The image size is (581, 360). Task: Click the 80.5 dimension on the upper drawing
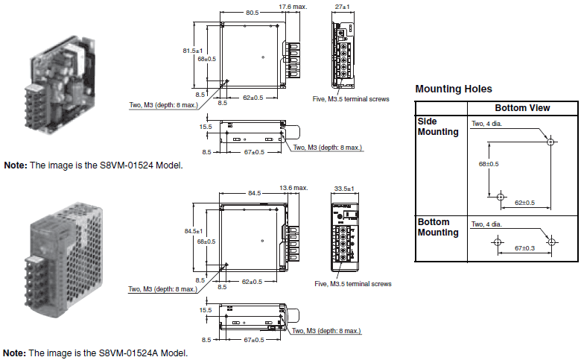click(x=252, y=13)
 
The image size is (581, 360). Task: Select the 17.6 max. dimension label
click(x=292, y=7)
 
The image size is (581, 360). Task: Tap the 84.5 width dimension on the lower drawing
click(x=255, y=193)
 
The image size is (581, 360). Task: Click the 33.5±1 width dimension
click(x=343, y=188)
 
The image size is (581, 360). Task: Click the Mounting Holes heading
click(x=453, y=89)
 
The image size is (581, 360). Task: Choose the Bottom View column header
click(x=522, y=108)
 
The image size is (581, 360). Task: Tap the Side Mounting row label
click(x=438, y=127)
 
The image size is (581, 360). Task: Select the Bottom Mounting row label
click(x=438, y=227)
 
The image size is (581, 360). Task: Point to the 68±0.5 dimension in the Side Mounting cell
click(x=489, y=163)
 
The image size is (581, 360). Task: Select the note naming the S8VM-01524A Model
click(x=95, y=353)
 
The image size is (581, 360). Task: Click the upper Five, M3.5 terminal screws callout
click(x=351, y=98)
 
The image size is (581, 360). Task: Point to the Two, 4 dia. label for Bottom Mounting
click(x=486, y=224)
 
